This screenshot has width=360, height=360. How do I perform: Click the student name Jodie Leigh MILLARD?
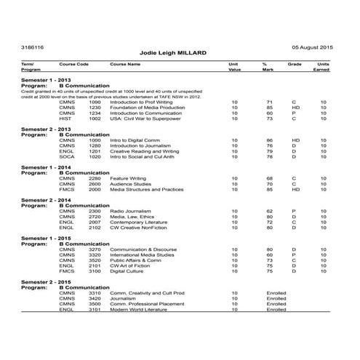point(179,54)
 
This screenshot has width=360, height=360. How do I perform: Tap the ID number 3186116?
point(33,46)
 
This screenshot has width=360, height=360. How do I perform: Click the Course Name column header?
point(125,65)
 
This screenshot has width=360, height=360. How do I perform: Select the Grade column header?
point(295,65)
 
